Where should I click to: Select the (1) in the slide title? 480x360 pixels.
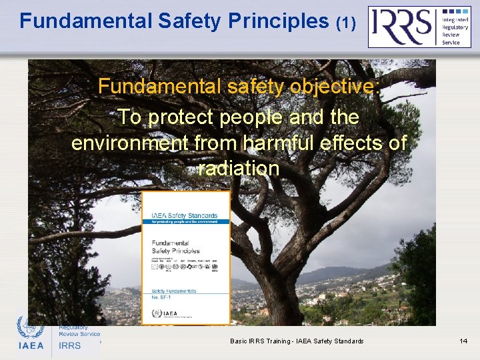345,23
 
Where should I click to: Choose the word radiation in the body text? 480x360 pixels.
239,169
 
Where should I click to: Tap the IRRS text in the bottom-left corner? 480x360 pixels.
69,345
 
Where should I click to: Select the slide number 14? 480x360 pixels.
463,341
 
